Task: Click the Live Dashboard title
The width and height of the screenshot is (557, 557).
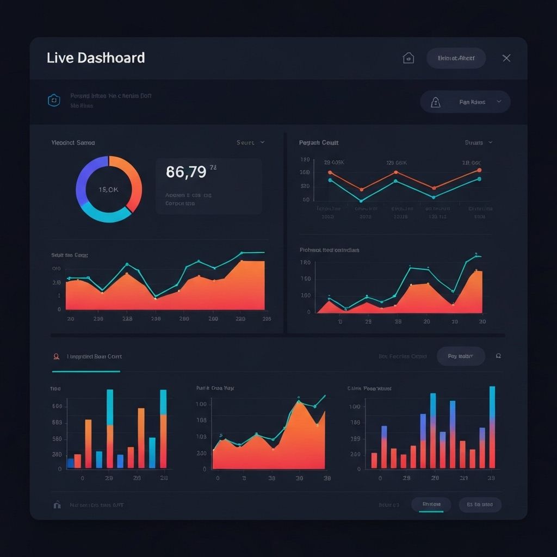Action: (96, 58)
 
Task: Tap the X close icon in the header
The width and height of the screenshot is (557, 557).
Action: (506, 58)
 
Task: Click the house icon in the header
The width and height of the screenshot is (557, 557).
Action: (408, 58)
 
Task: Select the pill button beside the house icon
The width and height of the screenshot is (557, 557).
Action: (456, 58)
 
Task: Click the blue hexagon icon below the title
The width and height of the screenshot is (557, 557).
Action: (53, 100)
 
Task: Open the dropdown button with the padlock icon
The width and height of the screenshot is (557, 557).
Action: (465, 102)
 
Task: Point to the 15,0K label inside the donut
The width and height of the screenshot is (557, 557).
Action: (108, 189)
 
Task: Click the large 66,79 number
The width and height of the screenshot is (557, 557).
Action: (186, 172)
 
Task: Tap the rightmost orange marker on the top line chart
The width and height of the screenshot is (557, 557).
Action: (479, 170)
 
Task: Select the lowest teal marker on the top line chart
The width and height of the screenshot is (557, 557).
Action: (361, 201)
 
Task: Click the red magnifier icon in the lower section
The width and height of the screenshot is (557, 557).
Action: (56, 357)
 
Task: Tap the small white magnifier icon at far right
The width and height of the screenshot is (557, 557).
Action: (498, 356)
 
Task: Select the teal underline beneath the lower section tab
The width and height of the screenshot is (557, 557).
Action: (86, 372)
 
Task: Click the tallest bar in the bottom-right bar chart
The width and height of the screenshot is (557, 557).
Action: (492, 427)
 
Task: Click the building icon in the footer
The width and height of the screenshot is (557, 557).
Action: (57, 505)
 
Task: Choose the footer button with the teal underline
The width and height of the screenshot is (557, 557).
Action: (431, 505)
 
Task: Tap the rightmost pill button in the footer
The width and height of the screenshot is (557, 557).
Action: (480, 505)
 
